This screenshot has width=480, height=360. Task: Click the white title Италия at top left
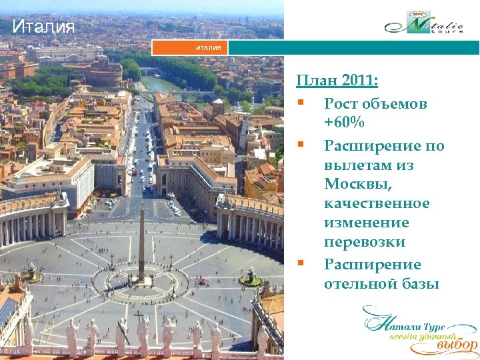point(43,27)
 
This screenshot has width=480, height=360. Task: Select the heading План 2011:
point(337,81)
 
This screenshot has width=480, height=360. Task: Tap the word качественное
point(377,203)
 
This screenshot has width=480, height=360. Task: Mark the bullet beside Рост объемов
point(302,103)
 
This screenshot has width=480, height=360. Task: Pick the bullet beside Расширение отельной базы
point(302,263)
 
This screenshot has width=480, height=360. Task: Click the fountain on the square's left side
point(31,270)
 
